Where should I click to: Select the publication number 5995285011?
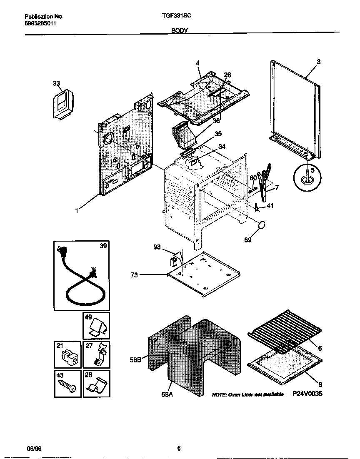tap(40, 23)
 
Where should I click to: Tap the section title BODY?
tap(180, 30)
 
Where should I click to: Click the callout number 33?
tap(56, 83)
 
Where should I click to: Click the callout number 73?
tap(135, 275)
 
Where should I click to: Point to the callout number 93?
tap(157, 247)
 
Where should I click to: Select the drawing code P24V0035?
tap(307, 394)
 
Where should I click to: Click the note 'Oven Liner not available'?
tap(247, 394)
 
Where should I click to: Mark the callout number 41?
tap(270, 206)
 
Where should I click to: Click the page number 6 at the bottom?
tap(179, 448)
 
